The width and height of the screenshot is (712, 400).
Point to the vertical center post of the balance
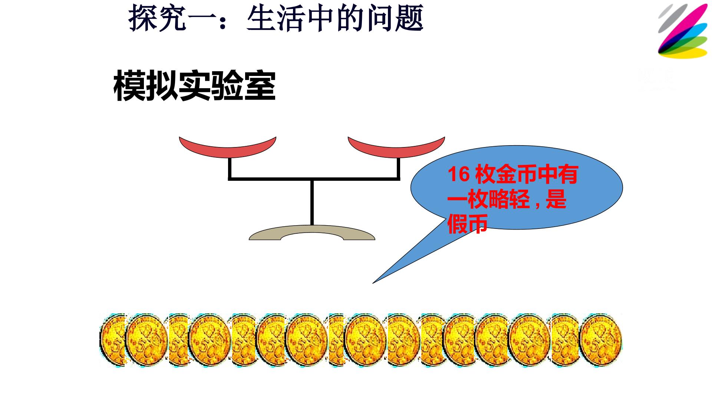point(312,202)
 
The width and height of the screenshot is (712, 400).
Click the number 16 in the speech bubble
point(458,174)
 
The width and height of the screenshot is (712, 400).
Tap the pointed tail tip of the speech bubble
point(373,283)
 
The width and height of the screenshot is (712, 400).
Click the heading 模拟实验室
point(194,86)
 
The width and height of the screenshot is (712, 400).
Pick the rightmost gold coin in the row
point(601,340)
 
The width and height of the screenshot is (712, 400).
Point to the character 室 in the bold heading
point(260,86)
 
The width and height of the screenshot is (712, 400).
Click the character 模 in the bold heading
point(129,86)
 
